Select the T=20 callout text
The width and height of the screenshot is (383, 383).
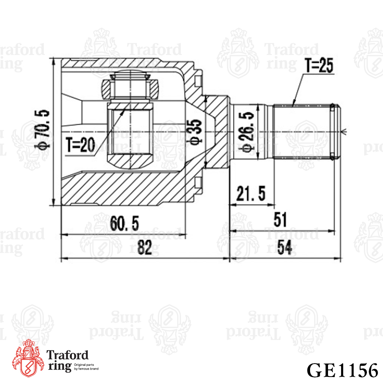pos(80,145)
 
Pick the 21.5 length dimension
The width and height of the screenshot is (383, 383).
pos(251,193)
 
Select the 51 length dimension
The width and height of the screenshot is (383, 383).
pos(280,220)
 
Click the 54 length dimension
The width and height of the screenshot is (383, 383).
pos(285,248)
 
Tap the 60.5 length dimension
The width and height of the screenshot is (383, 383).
pos(124,223)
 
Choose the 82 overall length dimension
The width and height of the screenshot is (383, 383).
pos(145,247)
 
